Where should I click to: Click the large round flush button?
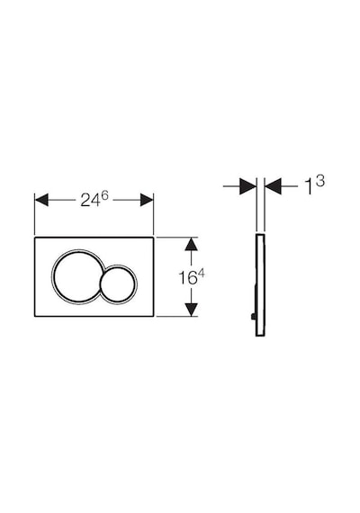[x=77, y=275]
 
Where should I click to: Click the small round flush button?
[x=118, y=283]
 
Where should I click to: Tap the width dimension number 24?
[x=90, y=201]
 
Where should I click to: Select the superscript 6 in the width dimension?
[x=104, y=195]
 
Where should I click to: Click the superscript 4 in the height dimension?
[x=201, y=274]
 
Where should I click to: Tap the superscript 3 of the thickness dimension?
[x=320, y=181]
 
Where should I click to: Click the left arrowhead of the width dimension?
[x=41, y=200]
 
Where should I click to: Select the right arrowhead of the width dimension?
[x=147, y=200]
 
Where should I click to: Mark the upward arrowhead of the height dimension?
[x=191, y=244]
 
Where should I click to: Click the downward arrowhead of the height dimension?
[x=191, y=310]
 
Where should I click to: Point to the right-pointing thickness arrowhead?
[x=247, y=186]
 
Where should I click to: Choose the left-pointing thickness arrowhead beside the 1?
[x=273, y=186]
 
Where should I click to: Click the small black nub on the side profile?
[x=253, y=317]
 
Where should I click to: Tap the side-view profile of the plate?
[x=259, y=285]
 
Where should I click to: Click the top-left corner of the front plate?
[x=35, y=237]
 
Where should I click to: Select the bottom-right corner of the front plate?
[x=154, y=317]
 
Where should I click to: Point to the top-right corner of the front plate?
[x=154, y=237]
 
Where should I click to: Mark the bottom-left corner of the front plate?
[x=35, y=317]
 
